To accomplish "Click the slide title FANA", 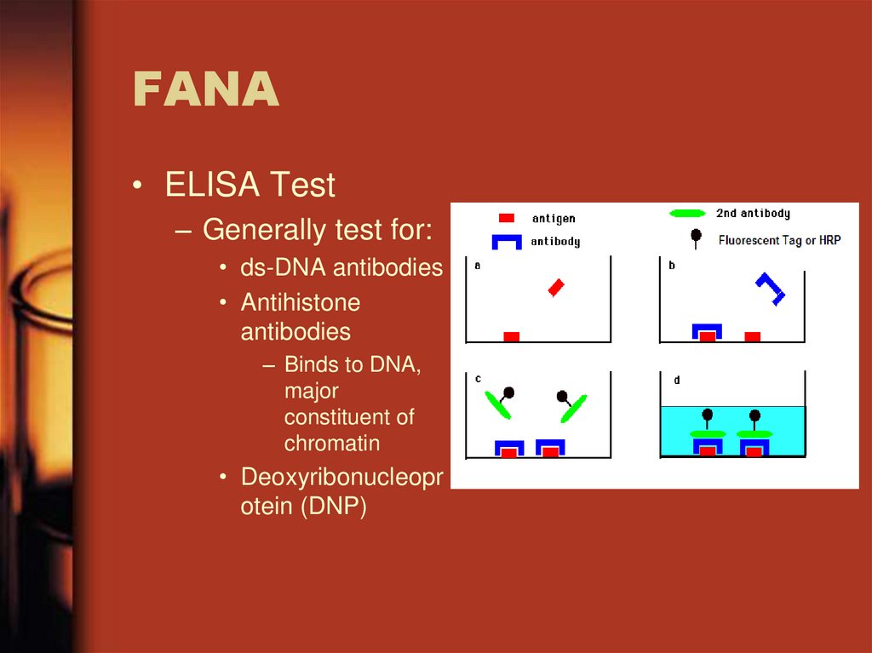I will coord(205,90).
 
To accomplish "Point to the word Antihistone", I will coord(300,302).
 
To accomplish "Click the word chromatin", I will coord(331,444).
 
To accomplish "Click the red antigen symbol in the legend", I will coord(506,218).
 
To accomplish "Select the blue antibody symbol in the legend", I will coord(506,241).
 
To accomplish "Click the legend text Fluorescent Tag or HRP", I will coord(779,240).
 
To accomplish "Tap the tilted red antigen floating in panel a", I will coord(556,288).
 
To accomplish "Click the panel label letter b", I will coord(671,266).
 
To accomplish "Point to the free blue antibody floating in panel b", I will coord(771,289).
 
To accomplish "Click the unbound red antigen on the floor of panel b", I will coord(752,337).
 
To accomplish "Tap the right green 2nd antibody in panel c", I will coord(573,407).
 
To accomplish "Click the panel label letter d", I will coord(677,381).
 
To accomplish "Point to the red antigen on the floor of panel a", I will coord(511,337).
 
